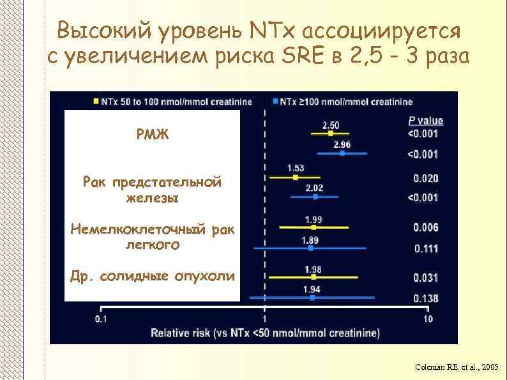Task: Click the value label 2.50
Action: (x=331, y=125)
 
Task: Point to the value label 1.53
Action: (x=296, y=168)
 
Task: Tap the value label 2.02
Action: (x=314, y=188)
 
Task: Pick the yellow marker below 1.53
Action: (x=296, y=177)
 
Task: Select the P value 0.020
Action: (x=425, y=178)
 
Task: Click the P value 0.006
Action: (x=425, y=227)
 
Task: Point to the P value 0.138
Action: (x=425, y=298)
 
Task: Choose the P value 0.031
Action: (x=425, y=277)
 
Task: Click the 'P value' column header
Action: (x=425, y=121)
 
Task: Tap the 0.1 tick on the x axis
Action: (x=101, y=319)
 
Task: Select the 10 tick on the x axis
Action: (x=427, y=319)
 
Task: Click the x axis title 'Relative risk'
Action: (x=264, y=333)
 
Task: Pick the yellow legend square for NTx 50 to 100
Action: (x=96, y=102)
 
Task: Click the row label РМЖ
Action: (x=153, y=135)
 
